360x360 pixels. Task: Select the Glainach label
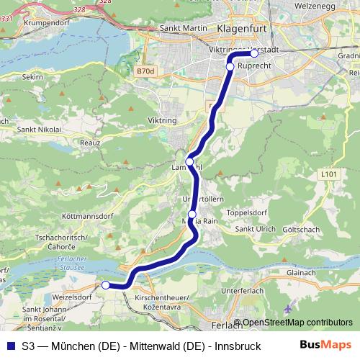(302, 272)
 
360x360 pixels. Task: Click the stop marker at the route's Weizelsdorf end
(106, 285)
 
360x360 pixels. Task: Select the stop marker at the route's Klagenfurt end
(254, 53)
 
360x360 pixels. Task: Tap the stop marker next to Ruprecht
(230, 66)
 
